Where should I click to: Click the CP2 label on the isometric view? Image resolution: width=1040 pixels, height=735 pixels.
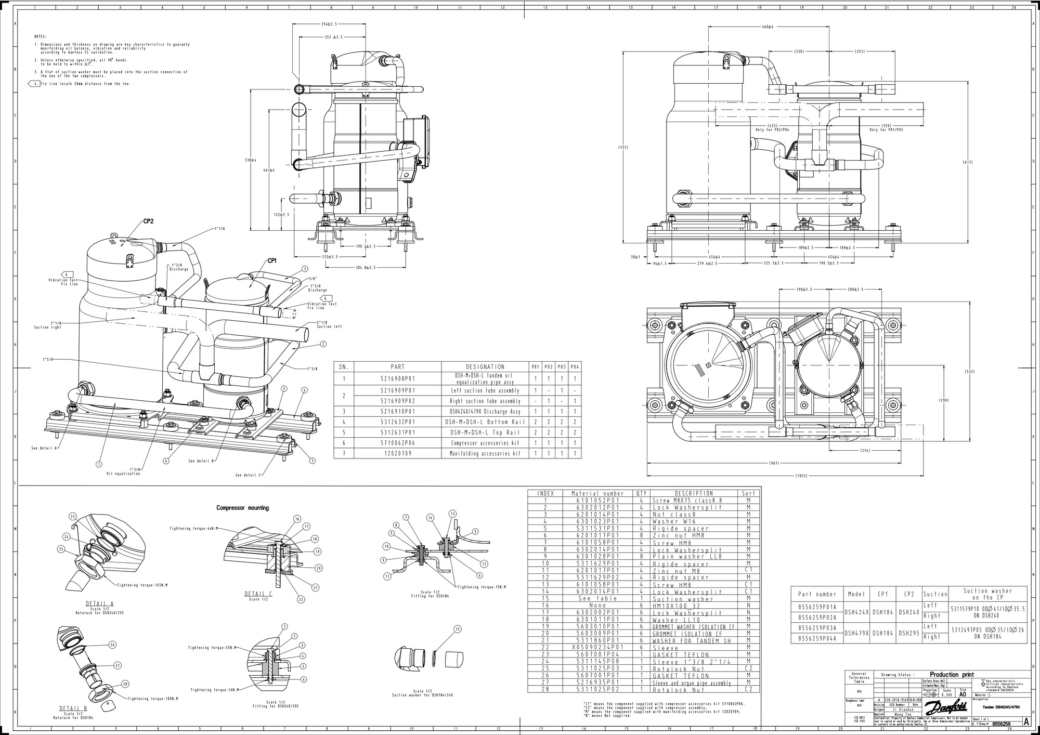[148, 221]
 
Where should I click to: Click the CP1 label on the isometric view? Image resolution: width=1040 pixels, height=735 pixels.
[271, 260]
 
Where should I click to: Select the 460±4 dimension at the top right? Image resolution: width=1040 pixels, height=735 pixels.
[768, 27]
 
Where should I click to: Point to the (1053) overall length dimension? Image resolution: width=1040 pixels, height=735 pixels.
[801, 476]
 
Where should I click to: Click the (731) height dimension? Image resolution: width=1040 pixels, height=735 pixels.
[623, 148]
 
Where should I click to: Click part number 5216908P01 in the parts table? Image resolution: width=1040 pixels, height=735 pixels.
[397, 379]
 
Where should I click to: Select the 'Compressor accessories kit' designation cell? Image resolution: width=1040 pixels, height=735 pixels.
[485, 443]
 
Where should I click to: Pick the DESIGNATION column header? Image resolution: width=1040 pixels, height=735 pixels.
[485, 366]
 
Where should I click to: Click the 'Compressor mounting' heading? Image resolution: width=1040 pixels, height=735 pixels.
[242, 508]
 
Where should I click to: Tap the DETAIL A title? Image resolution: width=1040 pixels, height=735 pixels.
[99, 604]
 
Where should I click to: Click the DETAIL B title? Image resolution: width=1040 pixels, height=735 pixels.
[73, 708]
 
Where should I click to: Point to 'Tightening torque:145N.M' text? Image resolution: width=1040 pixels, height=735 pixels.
[142, 585]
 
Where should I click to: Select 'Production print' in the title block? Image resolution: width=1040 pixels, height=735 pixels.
[951, 674]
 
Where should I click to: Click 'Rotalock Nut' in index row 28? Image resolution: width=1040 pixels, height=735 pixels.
[678, 690]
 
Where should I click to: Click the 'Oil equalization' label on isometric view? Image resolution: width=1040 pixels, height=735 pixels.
[123, 474]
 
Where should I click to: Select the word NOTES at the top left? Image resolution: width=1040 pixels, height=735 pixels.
[40, 37]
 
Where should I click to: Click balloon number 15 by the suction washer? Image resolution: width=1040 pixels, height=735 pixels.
[458, 629]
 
